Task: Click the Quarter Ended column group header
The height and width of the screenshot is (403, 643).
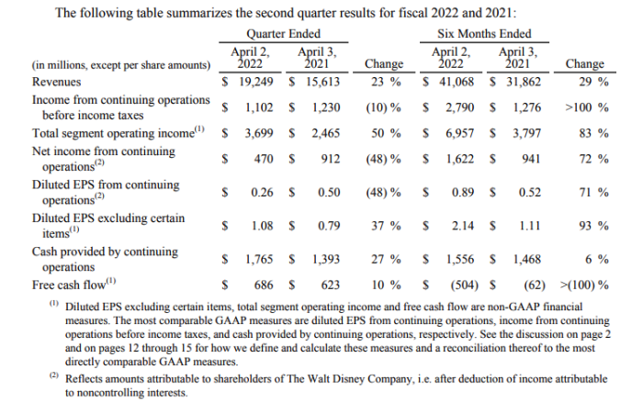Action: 284,34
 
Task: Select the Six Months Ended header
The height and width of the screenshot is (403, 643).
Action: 497,34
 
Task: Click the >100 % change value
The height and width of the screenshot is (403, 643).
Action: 585,107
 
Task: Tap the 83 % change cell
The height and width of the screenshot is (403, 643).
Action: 595,133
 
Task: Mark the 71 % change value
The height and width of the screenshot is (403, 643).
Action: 595,193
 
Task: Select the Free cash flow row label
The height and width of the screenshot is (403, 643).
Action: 72,285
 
